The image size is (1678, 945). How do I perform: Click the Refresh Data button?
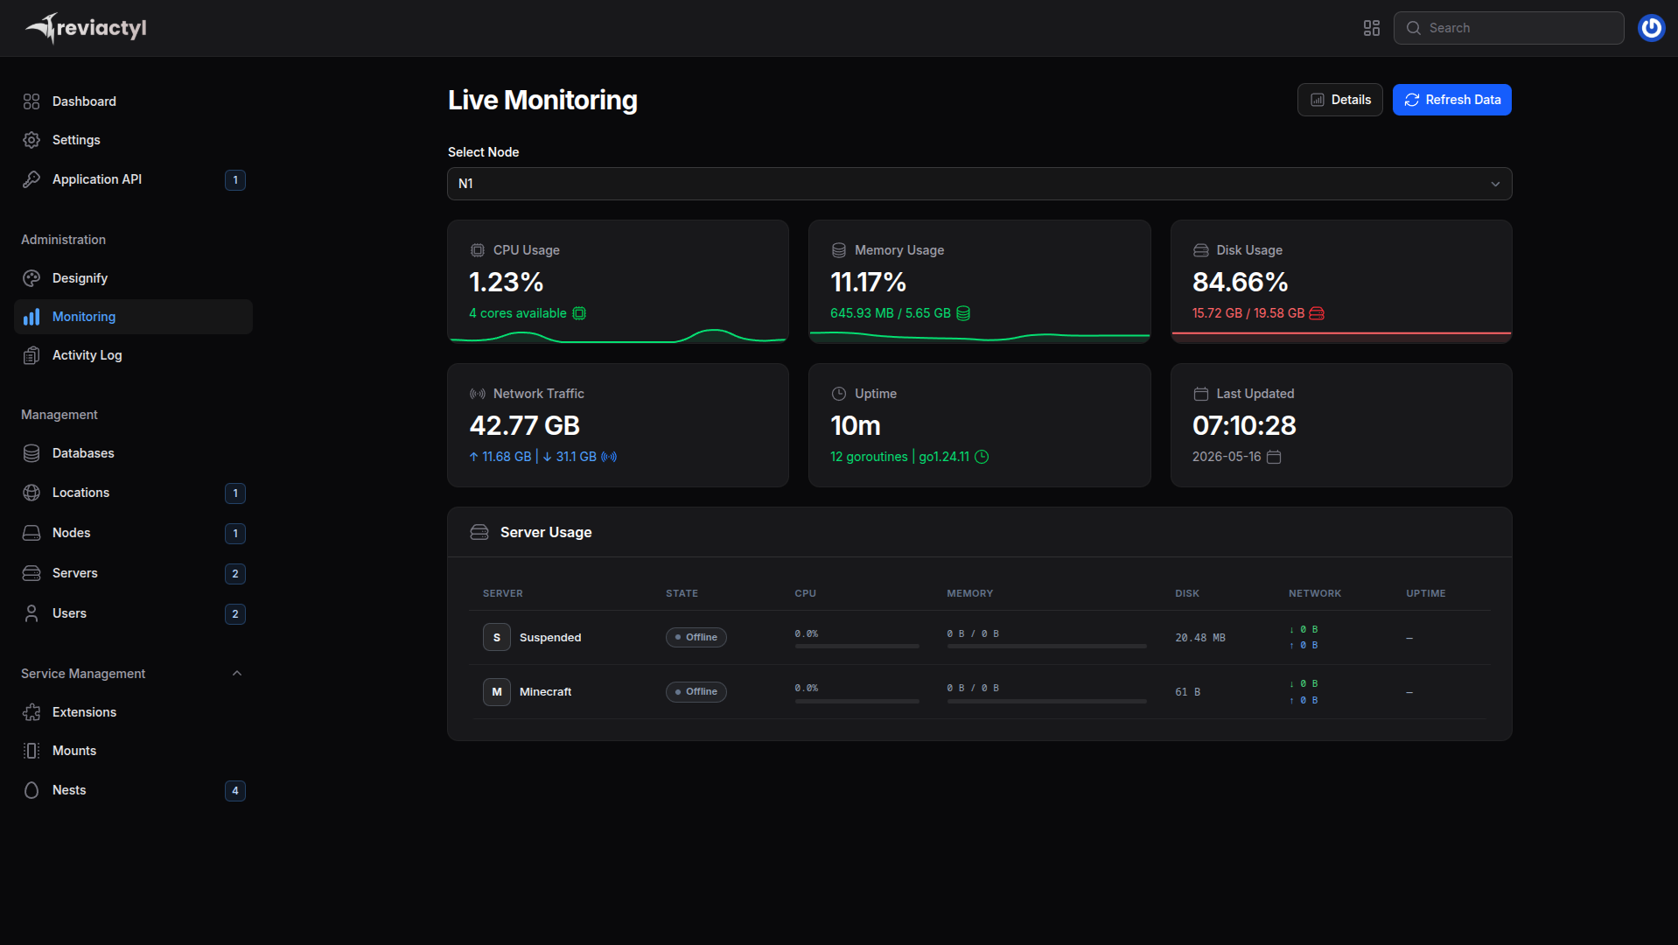[1451, 100]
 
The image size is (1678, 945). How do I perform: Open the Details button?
[1339, 100]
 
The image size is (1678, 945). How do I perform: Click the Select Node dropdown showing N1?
[979, 184]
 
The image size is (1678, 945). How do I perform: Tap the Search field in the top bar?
[1508, 28]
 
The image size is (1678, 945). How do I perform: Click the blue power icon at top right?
[1651, 28]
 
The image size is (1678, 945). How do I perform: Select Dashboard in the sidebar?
[84, 101]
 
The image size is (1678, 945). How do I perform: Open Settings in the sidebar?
[76, 140]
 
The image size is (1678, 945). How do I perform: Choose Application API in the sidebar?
[97, 179]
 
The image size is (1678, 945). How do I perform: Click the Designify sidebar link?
[80, 278]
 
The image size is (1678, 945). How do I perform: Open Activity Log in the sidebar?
[87, 355]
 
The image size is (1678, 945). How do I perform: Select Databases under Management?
[83, 453]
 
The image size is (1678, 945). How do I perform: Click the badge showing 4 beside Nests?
[235, 791]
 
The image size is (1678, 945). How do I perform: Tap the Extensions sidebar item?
[84, 712]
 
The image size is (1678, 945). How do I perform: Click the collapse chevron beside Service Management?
[237, 674]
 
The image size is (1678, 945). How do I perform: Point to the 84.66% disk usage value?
[1240, 282]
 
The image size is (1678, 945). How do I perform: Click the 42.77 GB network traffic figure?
[524, 425]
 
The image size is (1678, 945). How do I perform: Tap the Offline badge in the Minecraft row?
[696, 692]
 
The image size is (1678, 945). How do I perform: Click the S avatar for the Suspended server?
[497, 638]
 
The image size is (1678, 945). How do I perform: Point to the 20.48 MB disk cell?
[1199, 638]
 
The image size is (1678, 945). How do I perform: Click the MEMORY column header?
[969, 593]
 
